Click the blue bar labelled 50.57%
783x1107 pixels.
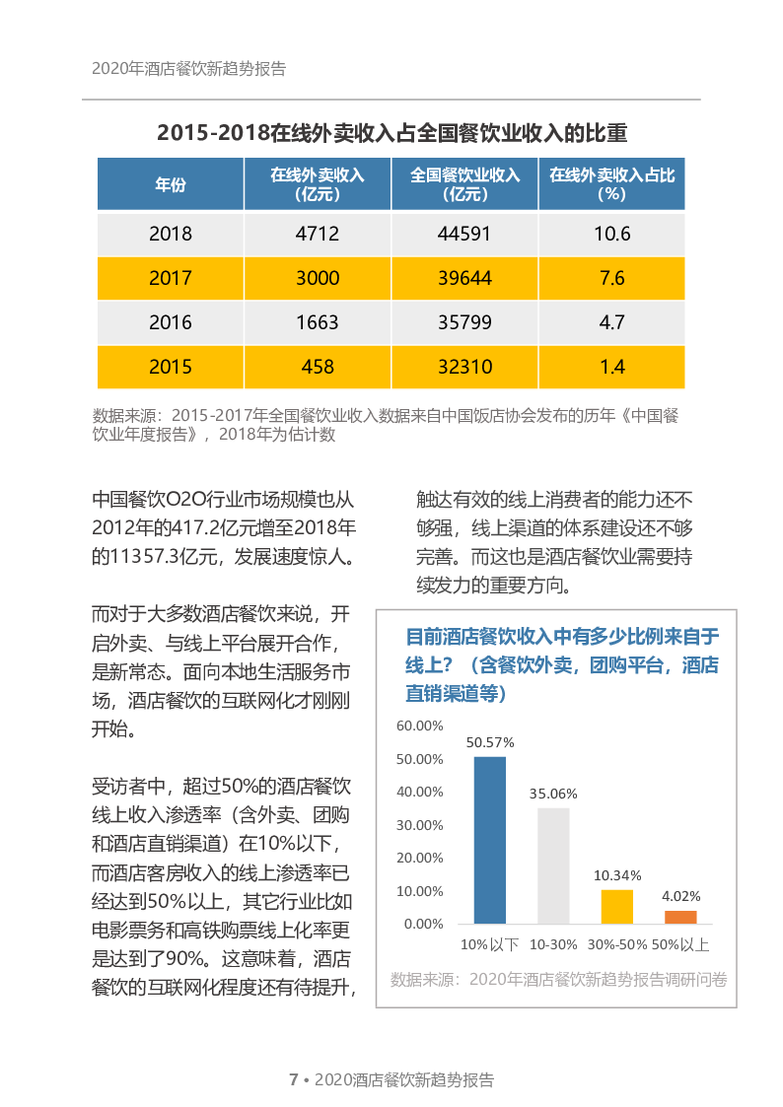pyautogui.click(x=490, y=840)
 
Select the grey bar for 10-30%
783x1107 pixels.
pyautogui.click(x=553, y=865)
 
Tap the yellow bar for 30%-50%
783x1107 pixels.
pyautogui.click(x=617, y=907)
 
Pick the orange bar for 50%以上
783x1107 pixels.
pyautogui.click(x=680, y=917)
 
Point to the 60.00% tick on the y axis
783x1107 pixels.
pyautogui.click(x=419, y=726)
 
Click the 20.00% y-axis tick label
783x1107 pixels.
pyautogui.click(x=419, y=858)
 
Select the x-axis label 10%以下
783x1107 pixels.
pyautogui.click(x=490, y=944)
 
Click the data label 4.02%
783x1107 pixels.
pyautogui.click(x=680, y=896)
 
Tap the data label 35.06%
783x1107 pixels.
pyautogui.click(x=553, y=793)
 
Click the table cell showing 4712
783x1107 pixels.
pyautogui.click(x=318, y=235)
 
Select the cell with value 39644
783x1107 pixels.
pyautogui.click(x=464, y=278)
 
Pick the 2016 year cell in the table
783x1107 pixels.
pyautogui.click(x=171, y=322)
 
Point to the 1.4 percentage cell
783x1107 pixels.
pyautogui.click(x=611, y=367)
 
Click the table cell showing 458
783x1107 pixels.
pyautogui.click(x=318, y=367)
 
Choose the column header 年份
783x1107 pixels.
pyautogui.click(x=171, y=184)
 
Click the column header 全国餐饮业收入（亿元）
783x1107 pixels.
pyautogui.click(x=464, y=184)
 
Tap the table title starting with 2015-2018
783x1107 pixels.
pyautogui.click(x=391, y=133)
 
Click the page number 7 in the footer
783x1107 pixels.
pyautogui.click(x=293, y=1079)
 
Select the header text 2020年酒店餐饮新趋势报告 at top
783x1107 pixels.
pyautogui.click(x=188, y=69)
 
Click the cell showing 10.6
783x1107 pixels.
pyautogui.click(x=611, y=235)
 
